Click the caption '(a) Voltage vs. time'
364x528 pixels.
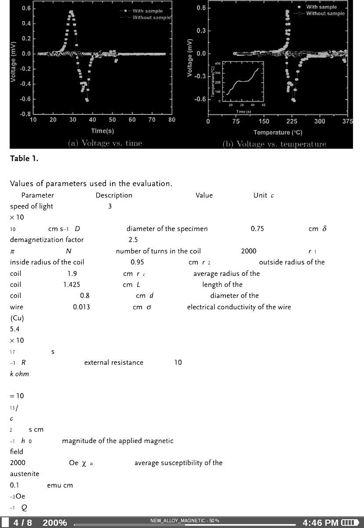[105, 143]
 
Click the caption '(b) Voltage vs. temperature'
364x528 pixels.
[274, 144]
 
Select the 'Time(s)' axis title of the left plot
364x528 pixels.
[102, 131]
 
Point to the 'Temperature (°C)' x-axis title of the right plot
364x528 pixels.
[278, 132]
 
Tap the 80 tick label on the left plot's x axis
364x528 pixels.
[171, 120]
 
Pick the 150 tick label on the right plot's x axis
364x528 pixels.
[264, 121]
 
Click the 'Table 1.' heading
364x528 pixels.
[24, 159]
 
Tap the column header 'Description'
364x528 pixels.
[114, 195]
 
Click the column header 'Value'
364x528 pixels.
[204, 195]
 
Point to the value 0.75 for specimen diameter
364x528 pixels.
[257, 229]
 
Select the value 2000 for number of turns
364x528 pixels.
[249, 251]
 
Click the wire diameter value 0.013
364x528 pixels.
[81, 307]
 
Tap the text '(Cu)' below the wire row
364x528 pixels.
[17, 318]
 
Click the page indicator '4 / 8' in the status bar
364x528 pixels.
[22, 523]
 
